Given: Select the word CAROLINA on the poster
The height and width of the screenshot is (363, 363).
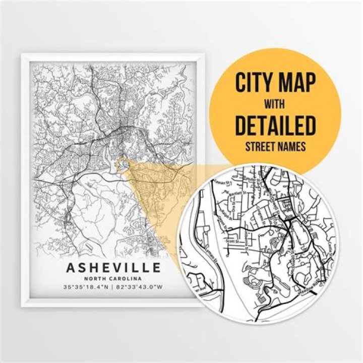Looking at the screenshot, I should coord(126,278).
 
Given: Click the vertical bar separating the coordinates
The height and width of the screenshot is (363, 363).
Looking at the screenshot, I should coord(113,288).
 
